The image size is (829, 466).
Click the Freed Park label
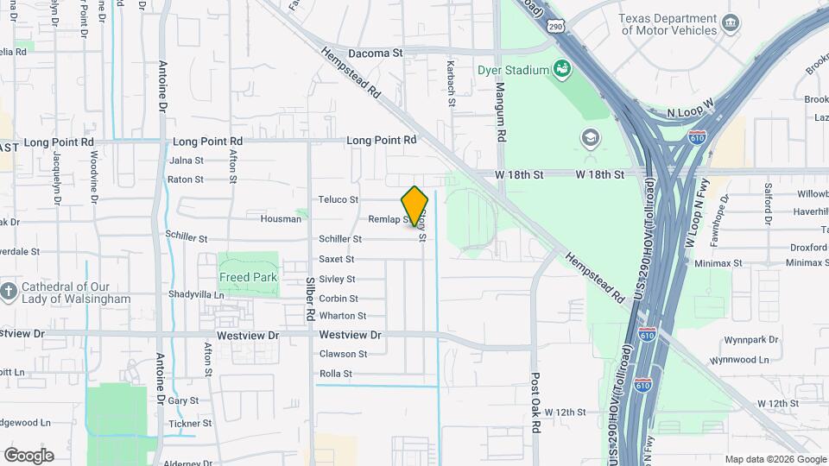click(x=249, y=278)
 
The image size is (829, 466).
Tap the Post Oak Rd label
click(x=535, y=404)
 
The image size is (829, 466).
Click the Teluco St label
click(x=338, y=199)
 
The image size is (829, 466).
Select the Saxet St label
click(x=336, y=259)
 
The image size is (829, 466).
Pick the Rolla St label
click(x=336, y=374)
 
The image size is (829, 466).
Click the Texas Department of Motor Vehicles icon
click(x=731, y=22)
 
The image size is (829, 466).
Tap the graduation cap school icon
click(x=591, y=137)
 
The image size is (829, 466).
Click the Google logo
click(x=28, y=455)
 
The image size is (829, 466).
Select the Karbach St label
click(x=451, y=84)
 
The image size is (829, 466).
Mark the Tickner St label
click(x=190, y=424)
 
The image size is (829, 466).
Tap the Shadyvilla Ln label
click(x=196, y=294)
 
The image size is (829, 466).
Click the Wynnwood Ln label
click(x=738, y=359)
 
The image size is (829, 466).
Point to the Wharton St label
click(x=343, y=316)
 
